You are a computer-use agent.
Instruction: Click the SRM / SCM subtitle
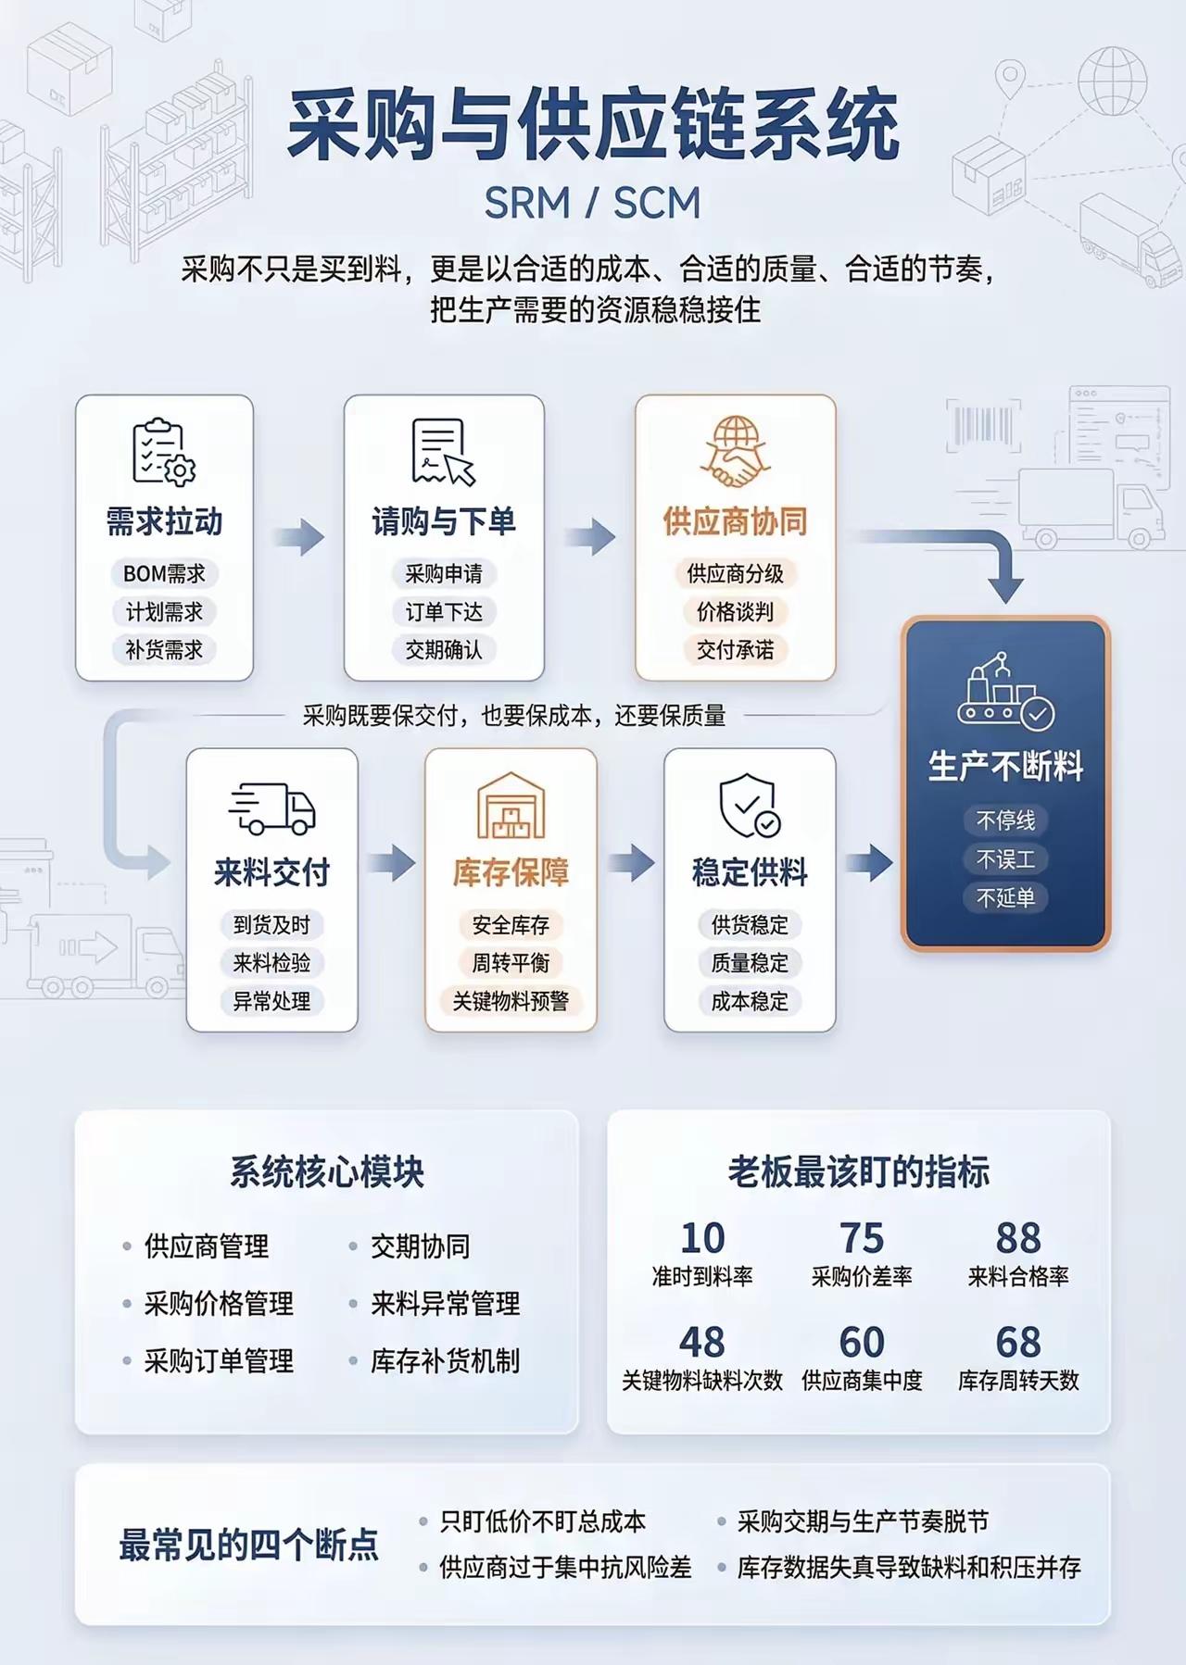(592, 204)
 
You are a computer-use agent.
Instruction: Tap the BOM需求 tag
(164, 574)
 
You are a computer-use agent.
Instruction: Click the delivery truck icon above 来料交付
(271, 808)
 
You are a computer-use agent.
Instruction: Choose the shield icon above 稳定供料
(749, 806)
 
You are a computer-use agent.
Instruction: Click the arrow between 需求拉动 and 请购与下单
(299, 537)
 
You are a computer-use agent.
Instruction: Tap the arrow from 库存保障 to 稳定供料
(631, 863)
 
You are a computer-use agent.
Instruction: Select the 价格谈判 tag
(735, 612)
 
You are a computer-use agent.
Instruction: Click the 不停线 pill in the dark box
(1005, 820)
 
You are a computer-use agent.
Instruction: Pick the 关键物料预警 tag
(511, 1001)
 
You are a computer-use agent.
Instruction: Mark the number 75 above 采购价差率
(862, 1238)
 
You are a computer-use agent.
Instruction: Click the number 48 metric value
(701, 1342)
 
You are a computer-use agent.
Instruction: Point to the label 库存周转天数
(1018, 1382)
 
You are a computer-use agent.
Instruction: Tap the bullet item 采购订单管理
(219, 1361)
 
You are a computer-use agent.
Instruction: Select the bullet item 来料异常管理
(445, 1304)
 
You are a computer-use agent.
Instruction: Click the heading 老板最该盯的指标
(859, 1172)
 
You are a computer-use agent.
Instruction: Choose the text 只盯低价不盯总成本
(542, 1521)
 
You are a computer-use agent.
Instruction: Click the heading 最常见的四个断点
(248, 1545)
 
